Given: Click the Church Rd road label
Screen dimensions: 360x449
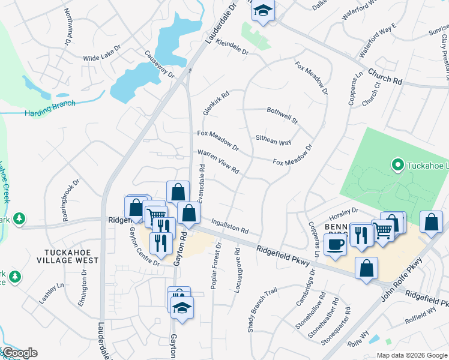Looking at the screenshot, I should tap(385, 79).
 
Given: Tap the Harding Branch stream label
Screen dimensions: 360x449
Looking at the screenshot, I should tap(50, 107).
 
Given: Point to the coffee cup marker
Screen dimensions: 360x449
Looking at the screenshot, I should tap(335, 245).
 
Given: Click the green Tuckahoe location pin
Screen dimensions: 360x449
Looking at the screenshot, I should tap(396, 164).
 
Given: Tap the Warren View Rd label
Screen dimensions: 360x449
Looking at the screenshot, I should tap(218, 161).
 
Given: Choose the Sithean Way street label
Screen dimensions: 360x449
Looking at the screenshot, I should tap(273, 140).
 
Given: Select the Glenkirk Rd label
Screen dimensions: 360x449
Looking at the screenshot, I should tap(216, 103).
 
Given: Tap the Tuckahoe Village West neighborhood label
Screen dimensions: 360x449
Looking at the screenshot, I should tap(71, 256).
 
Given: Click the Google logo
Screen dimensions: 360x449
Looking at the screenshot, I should tap(20, 353).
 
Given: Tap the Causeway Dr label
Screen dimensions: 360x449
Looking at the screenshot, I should tap(159, 64).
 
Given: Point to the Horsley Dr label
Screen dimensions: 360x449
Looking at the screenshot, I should tap(342, 214).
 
